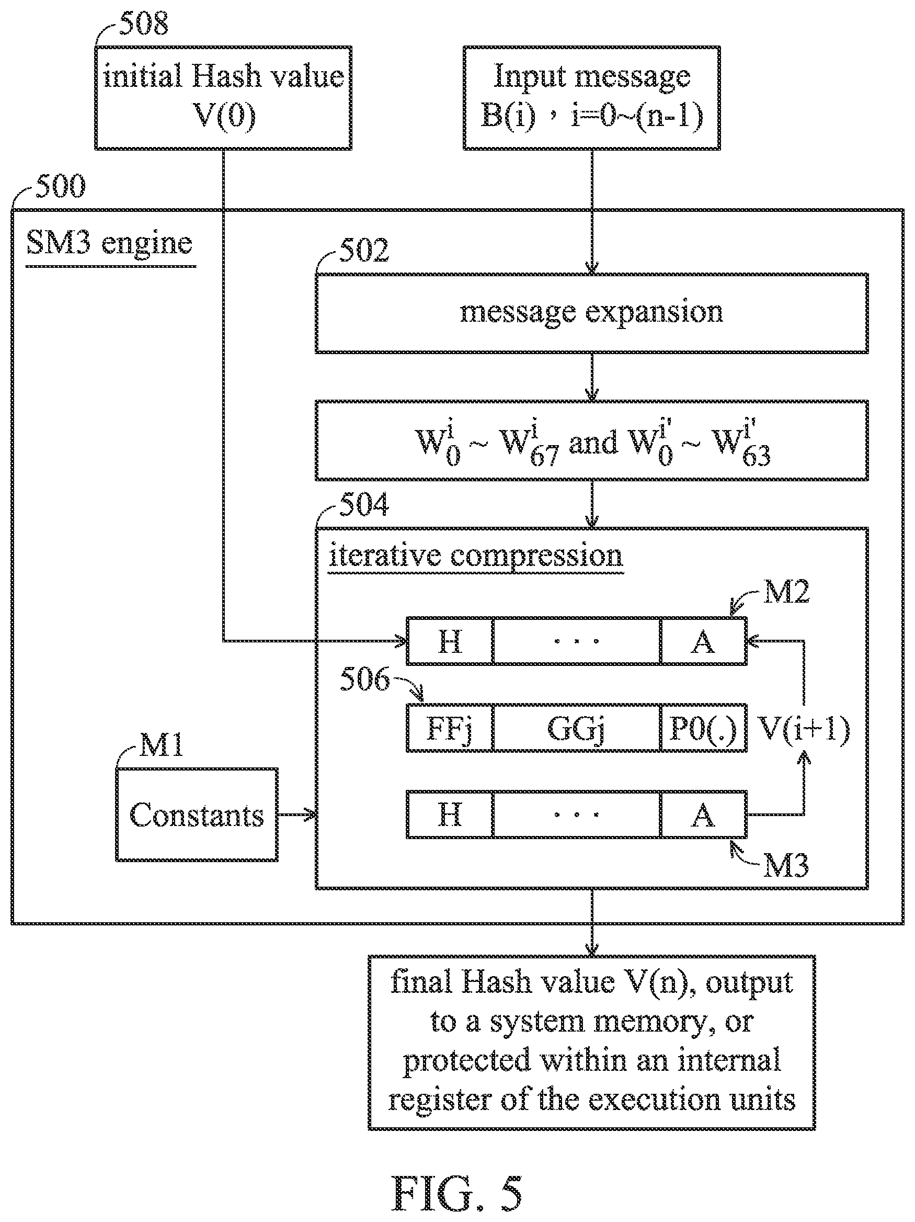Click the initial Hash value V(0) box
point(223,98)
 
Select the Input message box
point(591,98)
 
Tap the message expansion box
point(591,313)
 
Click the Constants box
point(197,814)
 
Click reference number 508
point(144,23)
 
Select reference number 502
point(364,250)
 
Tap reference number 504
point(364,504)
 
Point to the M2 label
point(786,592)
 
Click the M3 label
point(786,865)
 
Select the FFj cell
point(450,728)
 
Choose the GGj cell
point(577,728)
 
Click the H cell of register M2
point(450,641)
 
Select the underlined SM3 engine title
point(109,244)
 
